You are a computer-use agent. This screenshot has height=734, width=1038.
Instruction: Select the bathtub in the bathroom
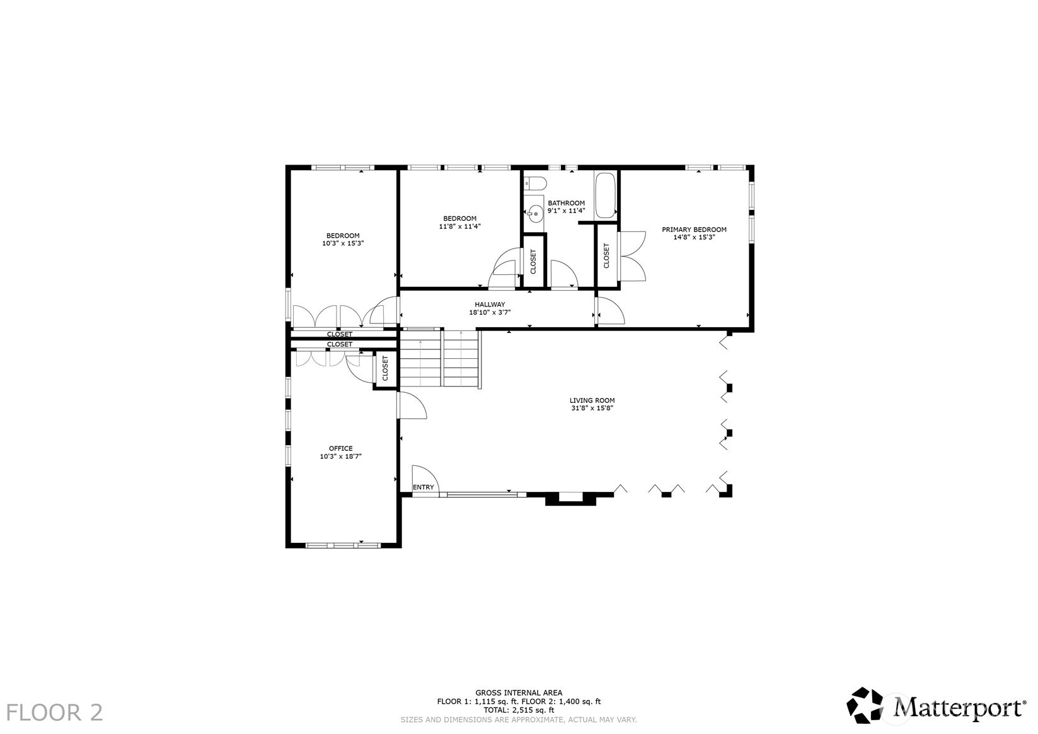tap(605, 195)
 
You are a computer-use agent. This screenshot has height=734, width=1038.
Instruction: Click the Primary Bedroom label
tap(694, 230)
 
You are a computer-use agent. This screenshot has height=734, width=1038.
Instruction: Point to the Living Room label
tap(592, 400)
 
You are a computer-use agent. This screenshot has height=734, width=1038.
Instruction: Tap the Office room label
tap(340, 448)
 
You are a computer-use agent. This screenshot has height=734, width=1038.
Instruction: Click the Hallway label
tap(490, 305)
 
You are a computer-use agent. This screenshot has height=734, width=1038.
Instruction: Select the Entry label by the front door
tap(423, 487)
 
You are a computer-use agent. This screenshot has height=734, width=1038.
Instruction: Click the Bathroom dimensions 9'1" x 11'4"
tap(566, 211)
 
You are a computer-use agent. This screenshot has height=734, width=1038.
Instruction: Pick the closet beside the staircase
tap(385, 370)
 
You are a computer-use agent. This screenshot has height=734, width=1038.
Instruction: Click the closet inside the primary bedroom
tap(606, 256)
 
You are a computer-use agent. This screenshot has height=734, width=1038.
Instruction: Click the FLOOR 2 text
tap(54, 712)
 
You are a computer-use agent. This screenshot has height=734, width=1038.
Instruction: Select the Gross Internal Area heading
tap(519, 693)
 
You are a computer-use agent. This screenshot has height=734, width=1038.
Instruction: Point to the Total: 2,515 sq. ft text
tap(519, 710)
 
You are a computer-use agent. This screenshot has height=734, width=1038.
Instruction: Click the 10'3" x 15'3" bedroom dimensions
tap(343, 243)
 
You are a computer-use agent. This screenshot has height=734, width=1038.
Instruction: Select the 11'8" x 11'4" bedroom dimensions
tap(459, 227)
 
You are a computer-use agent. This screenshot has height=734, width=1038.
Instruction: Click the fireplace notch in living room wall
tap(570, 498)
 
